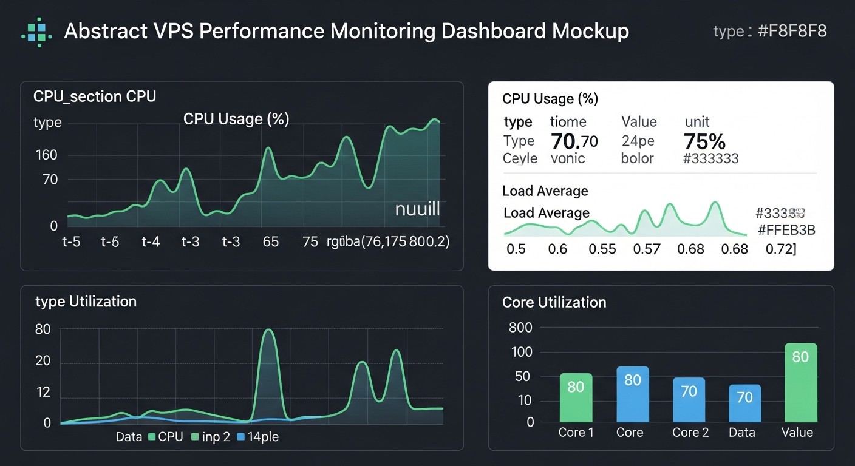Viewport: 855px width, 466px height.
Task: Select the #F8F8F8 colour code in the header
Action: [x=792, y=32]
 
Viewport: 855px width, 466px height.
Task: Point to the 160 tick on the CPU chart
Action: [x=47, y=155]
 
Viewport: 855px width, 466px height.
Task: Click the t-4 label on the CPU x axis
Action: [x=151, y=242]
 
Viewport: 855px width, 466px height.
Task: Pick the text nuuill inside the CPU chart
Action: [x=417, y=210]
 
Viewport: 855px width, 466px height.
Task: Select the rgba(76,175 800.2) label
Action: [x=388, y=242]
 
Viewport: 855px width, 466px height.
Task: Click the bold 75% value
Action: [x=704, y=141]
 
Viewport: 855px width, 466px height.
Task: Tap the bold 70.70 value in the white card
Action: [x=574, y=141]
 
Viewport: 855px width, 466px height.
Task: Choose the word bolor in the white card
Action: [x=637, y=158]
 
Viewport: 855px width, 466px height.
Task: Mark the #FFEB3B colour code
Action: [x=786, y=230]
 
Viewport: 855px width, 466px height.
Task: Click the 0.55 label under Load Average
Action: [x=602, y=249]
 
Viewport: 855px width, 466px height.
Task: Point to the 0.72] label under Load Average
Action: [x=781, y=249]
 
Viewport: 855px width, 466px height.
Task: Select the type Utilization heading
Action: [x=86, y=302]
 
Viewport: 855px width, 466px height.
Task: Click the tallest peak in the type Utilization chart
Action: [x=268, y=332]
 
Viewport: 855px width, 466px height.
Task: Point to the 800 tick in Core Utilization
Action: [x=520, y=328]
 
